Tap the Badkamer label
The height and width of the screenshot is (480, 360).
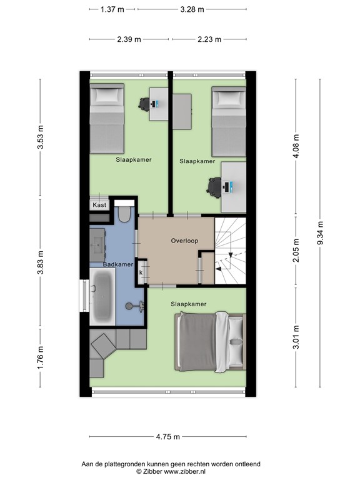118,265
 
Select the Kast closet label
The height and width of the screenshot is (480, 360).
99,205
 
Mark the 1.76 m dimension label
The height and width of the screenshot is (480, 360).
41,357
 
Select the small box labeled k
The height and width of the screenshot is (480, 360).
141,272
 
